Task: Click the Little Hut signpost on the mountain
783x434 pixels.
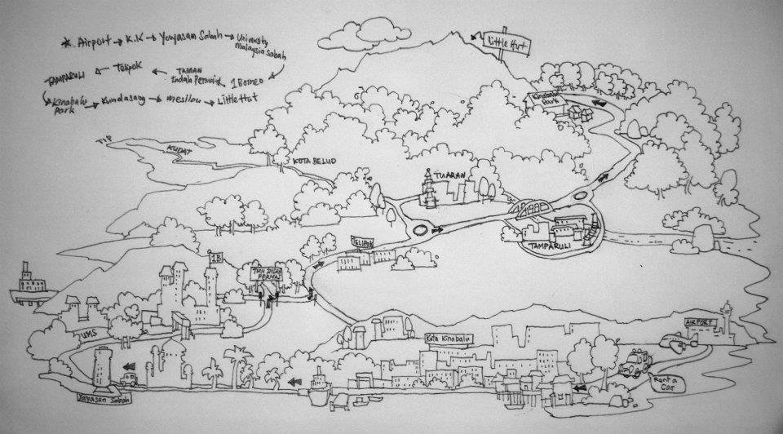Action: coord(507,43)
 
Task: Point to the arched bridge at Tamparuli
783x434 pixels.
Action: coord(535,210)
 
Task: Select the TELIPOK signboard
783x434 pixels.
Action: coord(363,242)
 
